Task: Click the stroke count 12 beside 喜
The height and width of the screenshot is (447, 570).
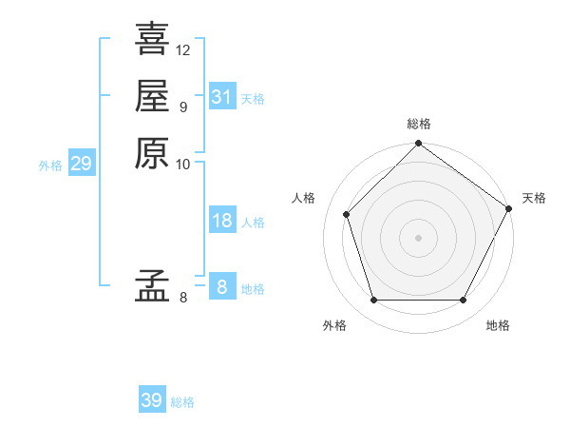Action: click(183, 49)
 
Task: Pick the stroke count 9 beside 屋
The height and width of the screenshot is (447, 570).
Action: click(182, 107)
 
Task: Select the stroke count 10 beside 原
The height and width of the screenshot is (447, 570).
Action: click(183, 164)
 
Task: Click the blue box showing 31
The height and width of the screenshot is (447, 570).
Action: click(221, 97)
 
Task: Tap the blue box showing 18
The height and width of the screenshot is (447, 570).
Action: click(221, 221)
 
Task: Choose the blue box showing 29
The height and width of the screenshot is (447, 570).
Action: click(81, 164)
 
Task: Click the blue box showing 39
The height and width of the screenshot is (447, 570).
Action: click(152, 400)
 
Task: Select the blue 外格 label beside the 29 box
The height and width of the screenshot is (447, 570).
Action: click(50, 165)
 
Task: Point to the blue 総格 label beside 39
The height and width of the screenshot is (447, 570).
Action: click(182, 402)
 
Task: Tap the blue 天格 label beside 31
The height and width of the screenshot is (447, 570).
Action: click(253, 99)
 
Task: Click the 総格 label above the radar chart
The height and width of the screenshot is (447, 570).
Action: click(418, 125)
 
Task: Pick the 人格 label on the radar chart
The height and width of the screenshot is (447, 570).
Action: click(304, 198)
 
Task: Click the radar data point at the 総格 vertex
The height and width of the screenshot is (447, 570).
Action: click(418, 145)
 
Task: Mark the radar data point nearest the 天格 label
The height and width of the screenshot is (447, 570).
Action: click(509, 207)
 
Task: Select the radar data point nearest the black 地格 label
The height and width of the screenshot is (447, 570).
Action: click(463, 300)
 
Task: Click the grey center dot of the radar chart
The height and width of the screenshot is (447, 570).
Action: click(418, 237)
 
